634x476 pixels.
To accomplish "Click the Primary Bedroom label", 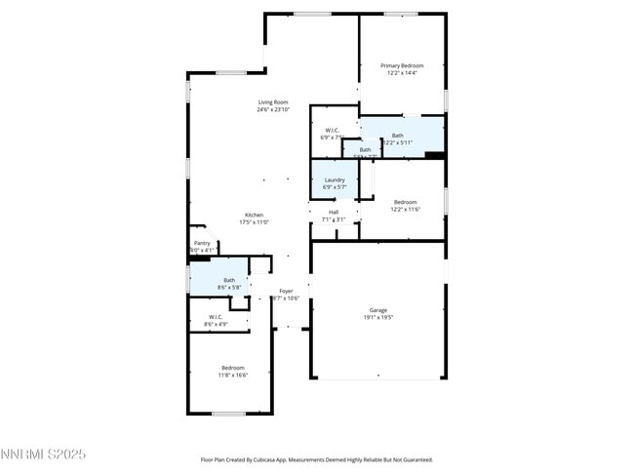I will click(x=402, y=65).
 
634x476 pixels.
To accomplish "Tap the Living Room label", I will click(x=273, y=102).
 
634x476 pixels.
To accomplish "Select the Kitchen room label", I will click(x=254, y=215).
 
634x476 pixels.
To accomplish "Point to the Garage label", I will click(x=377, y=309).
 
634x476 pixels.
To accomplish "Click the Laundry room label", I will click(x=335, y=179).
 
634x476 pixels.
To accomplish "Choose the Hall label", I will click(x=334, y=212).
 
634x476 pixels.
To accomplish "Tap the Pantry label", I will click(x=202, y=243).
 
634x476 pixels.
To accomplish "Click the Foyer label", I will click(x=286, y=291).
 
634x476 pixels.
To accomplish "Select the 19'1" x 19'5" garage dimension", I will click(x=377, y=317).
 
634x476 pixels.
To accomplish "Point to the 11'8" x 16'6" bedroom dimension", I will click(x=233, y=375).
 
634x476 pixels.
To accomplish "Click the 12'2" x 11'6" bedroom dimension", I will click(x=405, y=209).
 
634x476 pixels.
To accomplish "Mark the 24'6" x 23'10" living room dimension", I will click(x=273, y=110).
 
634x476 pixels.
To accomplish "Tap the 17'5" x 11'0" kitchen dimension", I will click(x=254, y=222).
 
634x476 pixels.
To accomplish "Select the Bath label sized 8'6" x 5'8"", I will click(x=228, y=280).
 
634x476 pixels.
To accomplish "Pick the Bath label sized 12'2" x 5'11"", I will click(x=398, y=136).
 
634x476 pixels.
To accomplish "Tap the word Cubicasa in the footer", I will click(x=292, y=459).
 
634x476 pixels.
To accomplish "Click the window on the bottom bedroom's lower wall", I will click(x=228, y=414).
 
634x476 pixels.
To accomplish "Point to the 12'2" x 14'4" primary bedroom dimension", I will click(x=402, y=73).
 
